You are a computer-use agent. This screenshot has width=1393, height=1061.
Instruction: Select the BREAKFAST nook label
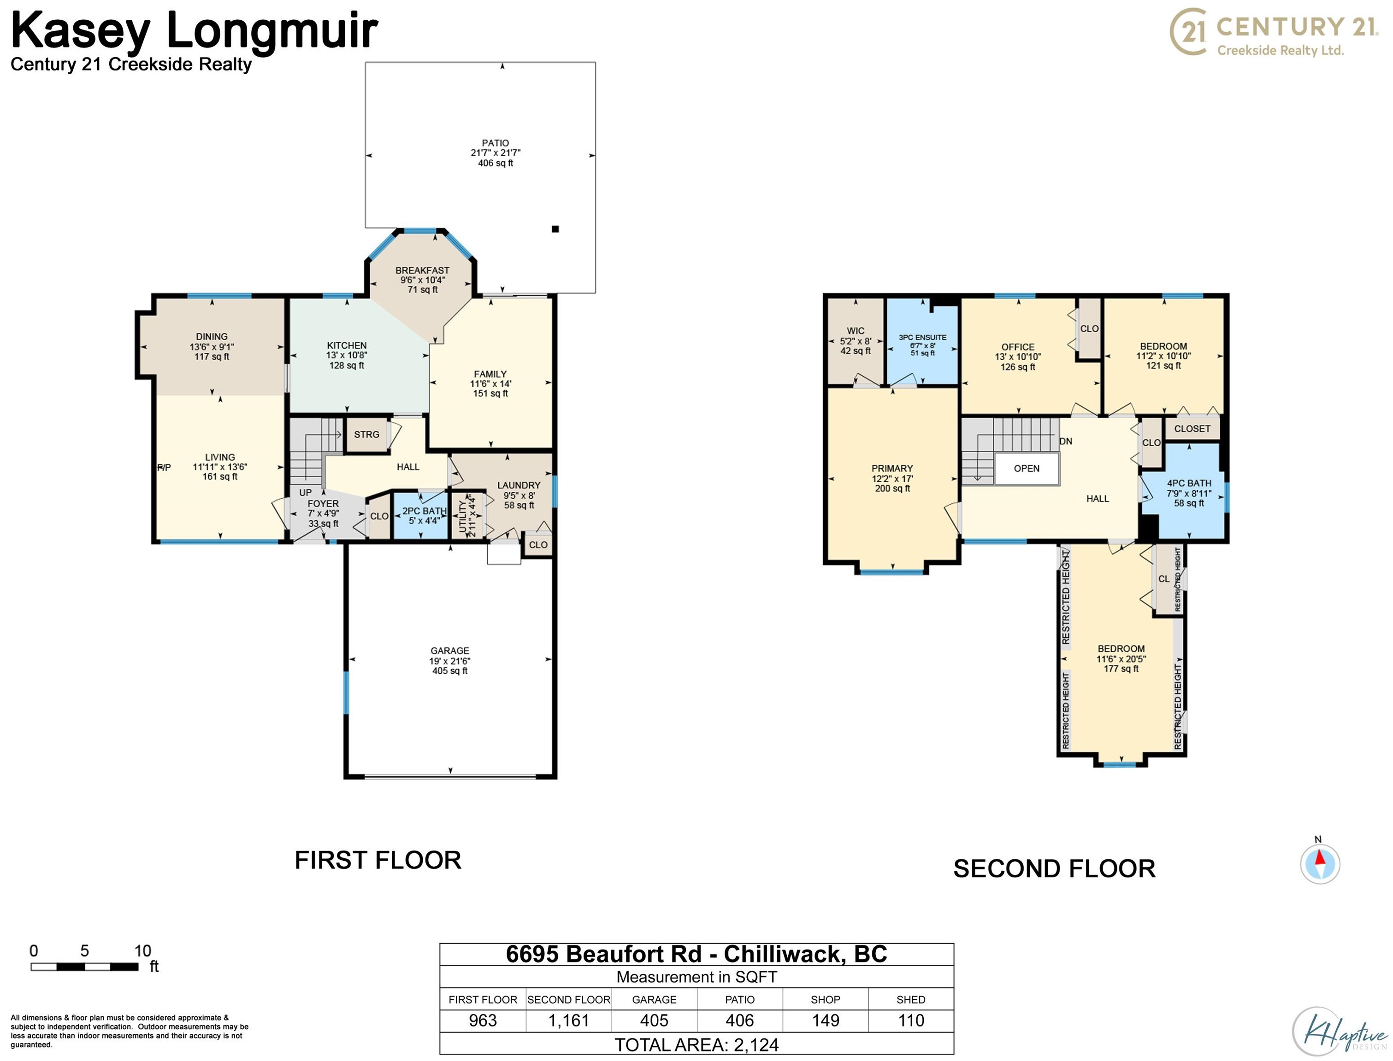[422, 271]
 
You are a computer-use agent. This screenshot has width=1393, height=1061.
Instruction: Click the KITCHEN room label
[346, 345]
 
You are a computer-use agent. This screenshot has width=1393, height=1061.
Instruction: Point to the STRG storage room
[366, 435]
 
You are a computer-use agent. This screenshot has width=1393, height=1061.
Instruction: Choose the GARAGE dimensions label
[449, 661]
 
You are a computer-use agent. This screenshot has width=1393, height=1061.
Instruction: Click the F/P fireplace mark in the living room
[164, 467]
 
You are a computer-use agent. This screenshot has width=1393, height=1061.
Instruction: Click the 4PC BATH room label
[1188, 483]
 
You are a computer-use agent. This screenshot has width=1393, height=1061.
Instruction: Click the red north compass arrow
[1319, 858]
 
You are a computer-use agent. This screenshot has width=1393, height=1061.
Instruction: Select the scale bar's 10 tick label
[142, 951]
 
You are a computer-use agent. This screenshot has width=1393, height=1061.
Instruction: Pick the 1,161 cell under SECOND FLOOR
[568, 1020]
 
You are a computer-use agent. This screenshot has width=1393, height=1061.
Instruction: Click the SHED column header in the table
[910, 1000]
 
